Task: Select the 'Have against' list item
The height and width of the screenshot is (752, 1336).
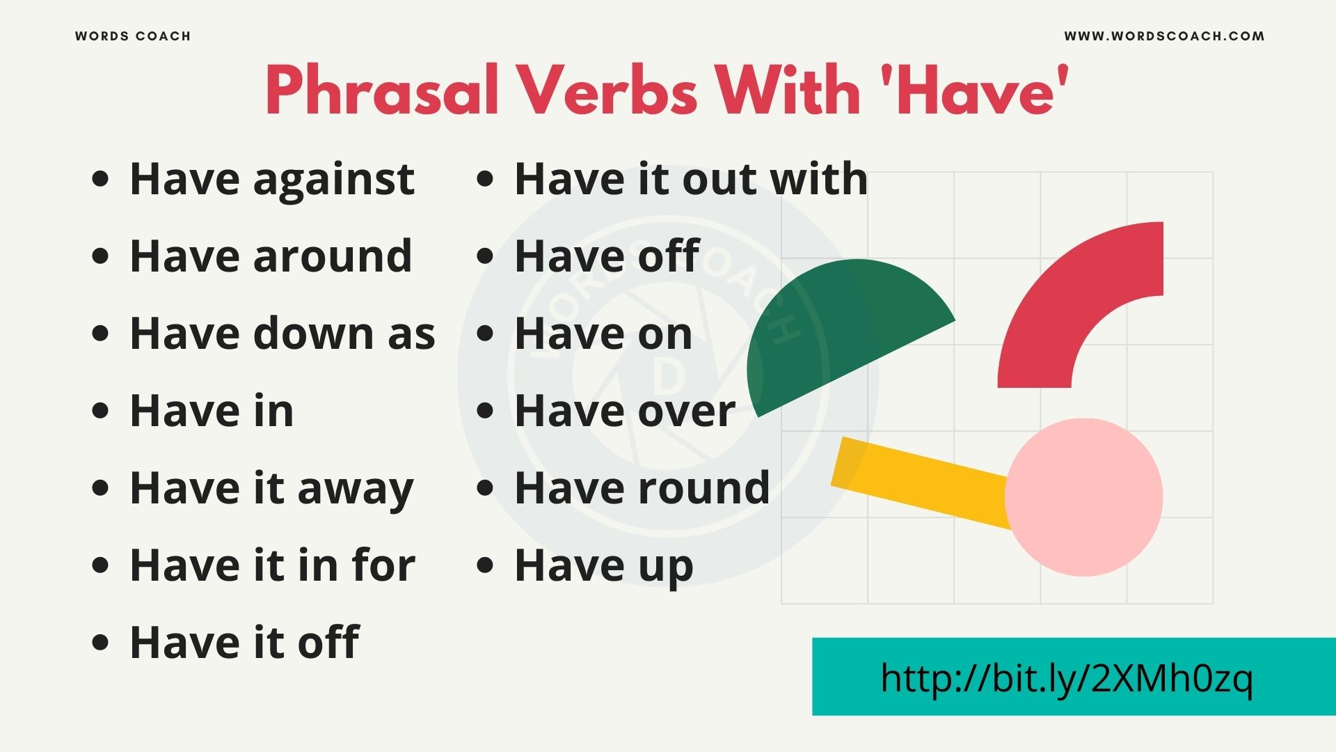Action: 272,180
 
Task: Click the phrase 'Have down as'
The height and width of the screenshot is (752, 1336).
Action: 283,334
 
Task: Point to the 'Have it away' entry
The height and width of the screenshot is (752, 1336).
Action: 271,489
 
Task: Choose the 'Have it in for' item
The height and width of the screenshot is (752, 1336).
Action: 272,565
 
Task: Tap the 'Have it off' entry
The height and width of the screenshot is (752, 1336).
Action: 244,642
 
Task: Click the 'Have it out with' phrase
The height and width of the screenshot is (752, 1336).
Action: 691,180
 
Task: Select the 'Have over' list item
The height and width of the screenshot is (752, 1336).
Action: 625,411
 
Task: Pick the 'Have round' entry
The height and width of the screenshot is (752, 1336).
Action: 642,488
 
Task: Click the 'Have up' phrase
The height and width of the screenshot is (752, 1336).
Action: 604,566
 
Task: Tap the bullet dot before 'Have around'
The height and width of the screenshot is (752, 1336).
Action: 101,256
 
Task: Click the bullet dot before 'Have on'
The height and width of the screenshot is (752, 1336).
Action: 485,334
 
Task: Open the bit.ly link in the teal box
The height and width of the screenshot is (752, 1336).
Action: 1067,677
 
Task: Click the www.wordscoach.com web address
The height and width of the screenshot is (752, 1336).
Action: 1164,36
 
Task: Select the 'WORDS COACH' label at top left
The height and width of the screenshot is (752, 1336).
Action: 133,36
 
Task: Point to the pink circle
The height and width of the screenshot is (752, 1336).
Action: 1084,497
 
